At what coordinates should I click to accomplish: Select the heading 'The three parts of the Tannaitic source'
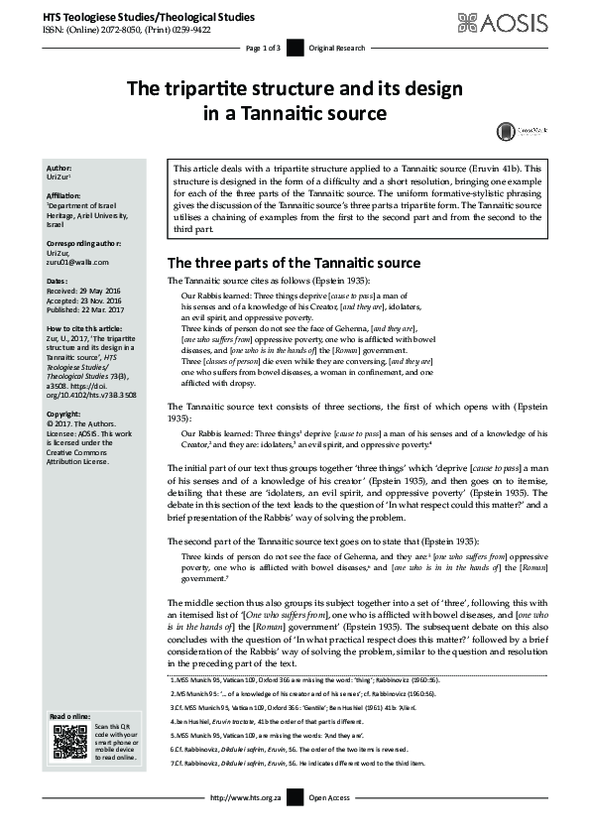294,263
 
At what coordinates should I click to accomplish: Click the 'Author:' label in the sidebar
59,168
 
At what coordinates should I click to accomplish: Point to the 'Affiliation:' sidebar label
64,196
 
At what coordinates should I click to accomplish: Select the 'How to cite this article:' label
88,326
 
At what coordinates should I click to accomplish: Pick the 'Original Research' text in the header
337,48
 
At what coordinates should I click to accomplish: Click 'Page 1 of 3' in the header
263,48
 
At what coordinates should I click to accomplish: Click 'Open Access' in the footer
330,824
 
